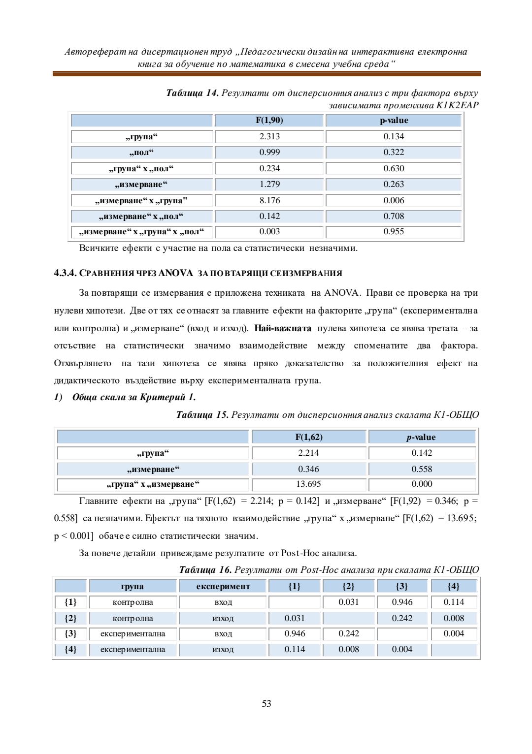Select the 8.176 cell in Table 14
[269, 200]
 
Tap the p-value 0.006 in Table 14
[394, 200]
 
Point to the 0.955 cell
[394, 231]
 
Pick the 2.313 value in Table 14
[269, 136]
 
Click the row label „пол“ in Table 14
[141, 152]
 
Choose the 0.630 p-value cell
[394, 168]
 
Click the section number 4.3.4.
[65, 273]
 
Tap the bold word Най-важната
[283, 328]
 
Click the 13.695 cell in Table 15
[308, 484]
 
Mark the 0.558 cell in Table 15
[422, 469]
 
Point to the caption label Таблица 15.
[202, 415]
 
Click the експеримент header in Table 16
[223, 586]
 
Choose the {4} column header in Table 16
[453, 586]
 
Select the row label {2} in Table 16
[70, 618]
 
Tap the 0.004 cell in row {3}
[453, 633]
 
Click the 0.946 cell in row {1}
[402, 602]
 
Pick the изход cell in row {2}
[223, 618]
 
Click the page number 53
[266, 704]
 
